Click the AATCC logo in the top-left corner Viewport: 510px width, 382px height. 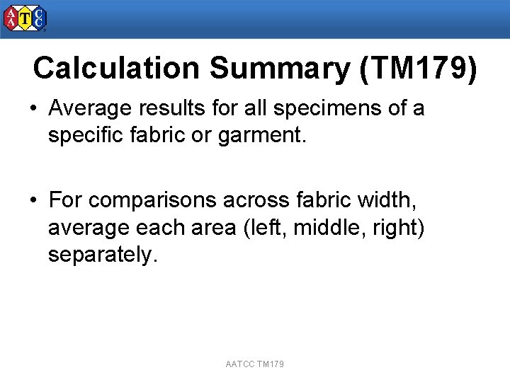(x=25, y=19)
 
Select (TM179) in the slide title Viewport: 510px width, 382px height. (x=418, y=69)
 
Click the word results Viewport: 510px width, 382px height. (x=171, y=109)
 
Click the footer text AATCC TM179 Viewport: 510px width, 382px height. (x=255, y=364)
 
